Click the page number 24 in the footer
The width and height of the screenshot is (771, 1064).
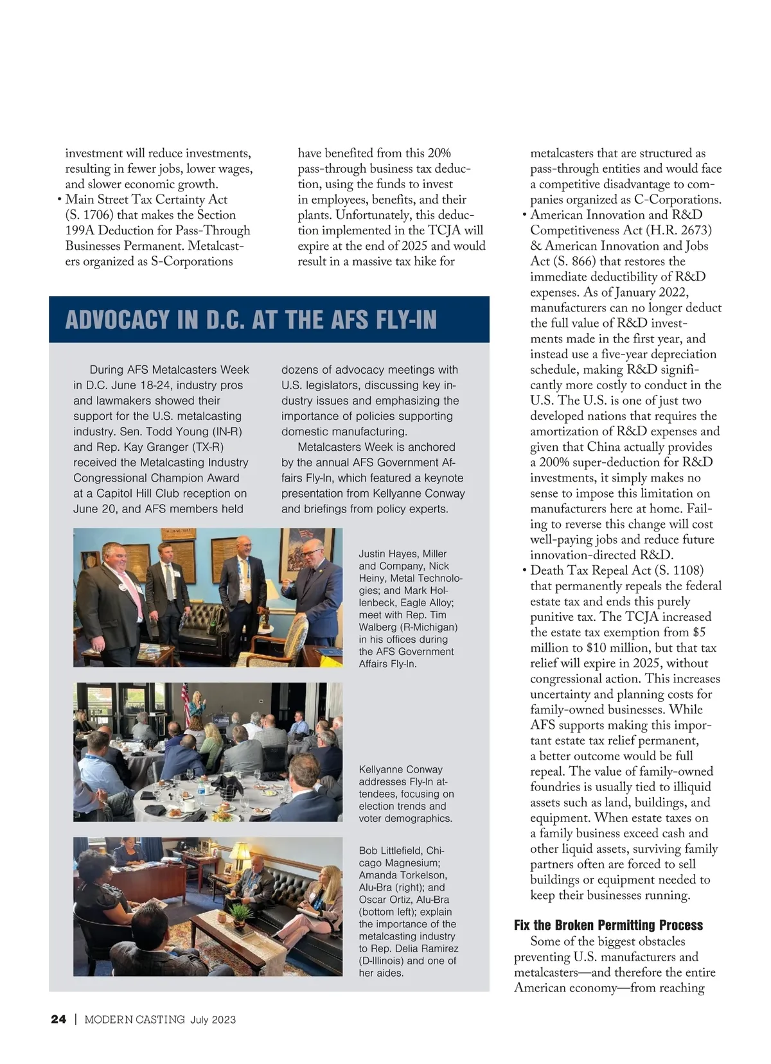(x=58, y=1019)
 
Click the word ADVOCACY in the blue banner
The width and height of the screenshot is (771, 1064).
(x=118, y=319)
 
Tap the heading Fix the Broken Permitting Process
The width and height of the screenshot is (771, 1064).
(x=608, y=925)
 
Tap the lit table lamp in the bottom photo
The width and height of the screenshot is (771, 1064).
(x=238, y=854)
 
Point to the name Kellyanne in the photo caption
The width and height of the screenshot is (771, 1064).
(x=382, y=769)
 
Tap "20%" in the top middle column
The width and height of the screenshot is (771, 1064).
(x=439, y=153)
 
